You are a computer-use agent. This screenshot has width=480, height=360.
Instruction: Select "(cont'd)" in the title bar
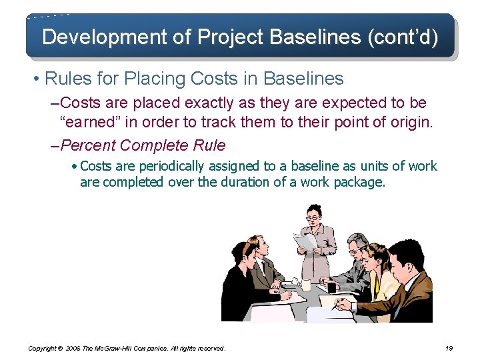click(x=403, y=37)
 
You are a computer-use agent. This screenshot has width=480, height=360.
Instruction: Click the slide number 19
click(x=449, y=348)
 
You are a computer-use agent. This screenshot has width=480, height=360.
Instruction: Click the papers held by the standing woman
click(x=305, y=241)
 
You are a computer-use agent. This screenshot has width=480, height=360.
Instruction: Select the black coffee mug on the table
click(x=331, y=287)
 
